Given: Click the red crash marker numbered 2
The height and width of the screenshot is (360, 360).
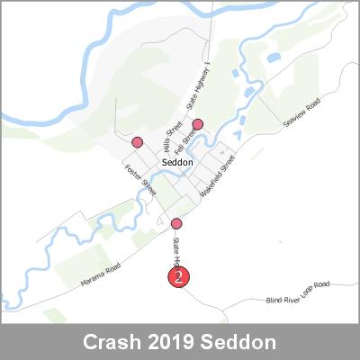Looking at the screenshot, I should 179,276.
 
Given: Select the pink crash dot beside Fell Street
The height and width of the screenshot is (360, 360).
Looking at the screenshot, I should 198,124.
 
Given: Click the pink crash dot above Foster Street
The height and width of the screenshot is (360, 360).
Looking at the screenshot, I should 138,142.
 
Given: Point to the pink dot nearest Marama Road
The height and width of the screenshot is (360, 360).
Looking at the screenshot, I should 176,223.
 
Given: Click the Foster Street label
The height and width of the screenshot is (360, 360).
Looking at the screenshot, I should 141,181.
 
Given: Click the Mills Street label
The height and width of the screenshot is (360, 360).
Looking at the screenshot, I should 166,139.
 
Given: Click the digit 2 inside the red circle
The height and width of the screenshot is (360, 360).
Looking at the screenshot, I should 179,276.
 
